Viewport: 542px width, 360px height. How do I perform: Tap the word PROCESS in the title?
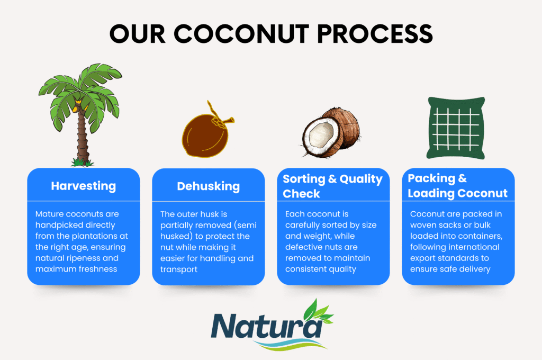(375, 34)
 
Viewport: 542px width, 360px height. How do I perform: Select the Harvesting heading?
(83, 186)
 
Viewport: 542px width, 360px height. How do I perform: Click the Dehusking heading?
(209, 186)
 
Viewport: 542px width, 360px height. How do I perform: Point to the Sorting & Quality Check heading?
(332, 186)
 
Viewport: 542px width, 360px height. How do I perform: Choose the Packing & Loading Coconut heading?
(458, 185)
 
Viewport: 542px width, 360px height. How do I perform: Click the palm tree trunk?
(82, 135)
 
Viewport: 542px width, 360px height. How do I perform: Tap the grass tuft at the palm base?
(82, 162)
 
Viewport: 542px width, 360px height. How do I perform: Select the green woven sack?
(456, 128)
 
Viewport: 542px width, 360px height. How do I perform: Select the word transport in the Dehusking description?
(179, 270)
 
